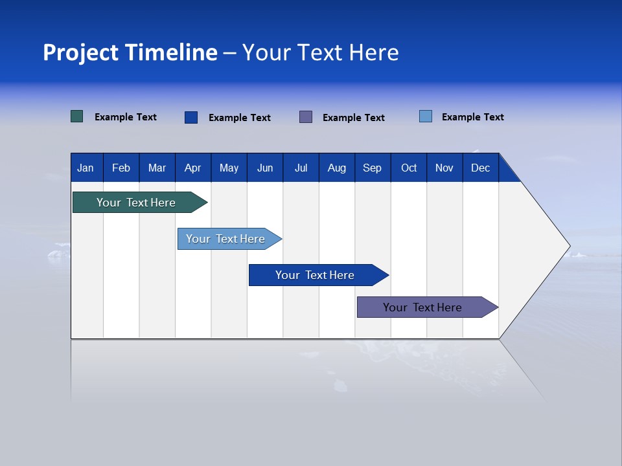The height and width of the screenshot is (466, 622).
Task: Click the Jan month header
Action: pos(86,168)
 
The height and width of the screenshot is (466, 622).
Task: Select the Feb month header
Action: pos(121,168)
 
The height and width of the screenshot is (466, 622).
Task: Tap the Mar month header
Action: pos(157,168)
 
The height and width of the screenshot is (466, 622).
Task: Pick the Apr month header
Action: pos(193,168)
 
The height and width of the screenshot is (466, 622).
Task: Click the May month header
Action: pos(229,168)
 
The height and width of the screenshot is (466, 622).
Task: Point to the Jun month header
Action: pos(265,168)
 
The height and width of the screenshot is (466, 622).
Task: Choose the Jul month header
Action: pos(301,168)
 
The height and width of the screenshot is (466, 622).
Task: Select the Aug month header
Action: pos(337,168)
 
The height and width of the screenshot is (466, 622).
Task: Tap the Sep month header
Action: pos(373,168)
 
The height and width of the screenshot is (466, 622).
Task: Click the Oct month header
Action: pos(409,168)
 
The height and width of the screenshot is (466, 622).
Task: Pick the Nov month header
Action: pos(444,168)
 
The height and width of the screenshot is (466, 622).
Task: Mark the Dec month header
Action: pos(481,168)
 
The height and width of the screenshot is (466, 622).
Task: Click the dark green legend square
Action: pos(77,116)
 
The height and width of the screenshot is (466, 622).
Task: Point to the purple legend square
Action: pos(306,116)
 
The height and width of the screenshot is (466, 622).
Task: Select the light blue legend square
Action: pos(426,116)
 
